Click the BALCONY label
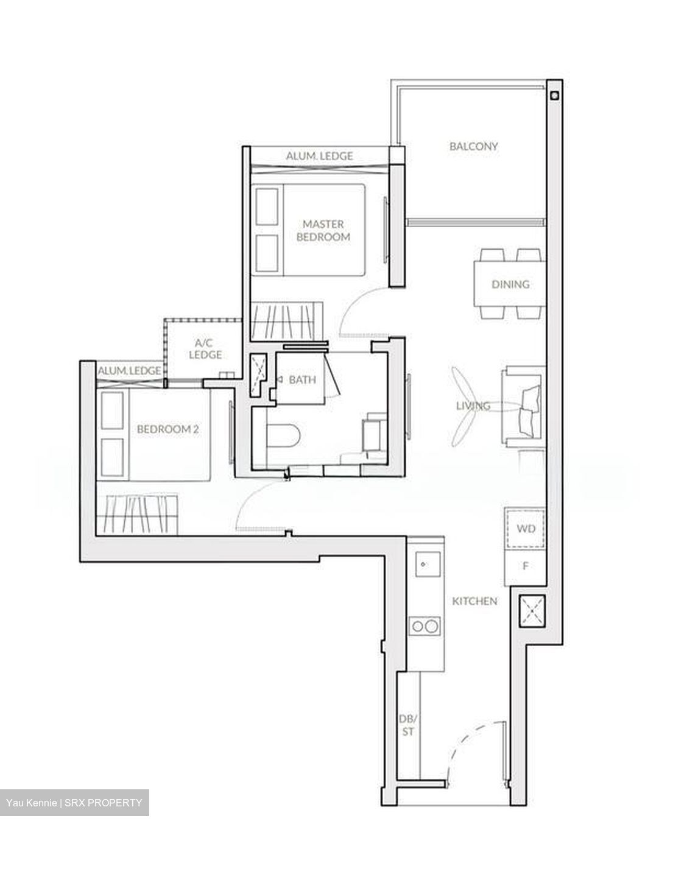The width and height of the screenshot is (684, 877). pos(473,146)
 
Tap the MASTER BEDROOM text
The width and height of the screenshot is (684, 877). pos(323,231)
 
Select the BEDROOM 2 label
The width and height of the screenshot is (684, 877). pos(167,429)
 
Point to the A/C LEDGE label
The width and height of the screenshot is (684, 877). pos(205,348)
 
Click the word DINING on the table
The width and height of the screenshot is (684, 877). pos(510,284)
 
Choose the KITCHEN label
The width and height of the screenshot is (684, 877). pos(474,601)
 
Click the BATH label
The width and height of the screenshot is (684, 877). pos(302,380)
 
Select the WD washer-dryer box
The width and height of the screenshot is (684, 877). pos(525,529)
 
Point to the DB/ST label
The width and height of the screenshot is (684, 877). pos(407,725)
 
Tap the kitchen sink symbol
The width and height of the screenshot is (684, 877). pos(425,563)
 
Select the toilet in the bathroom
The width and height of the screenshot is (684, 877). pos(283,437)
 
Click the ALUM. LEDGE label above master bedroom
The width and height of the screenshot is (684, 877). pos(319,156)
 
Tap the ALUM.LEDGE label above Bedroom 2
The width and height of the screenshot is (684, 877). pos(129,370)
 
